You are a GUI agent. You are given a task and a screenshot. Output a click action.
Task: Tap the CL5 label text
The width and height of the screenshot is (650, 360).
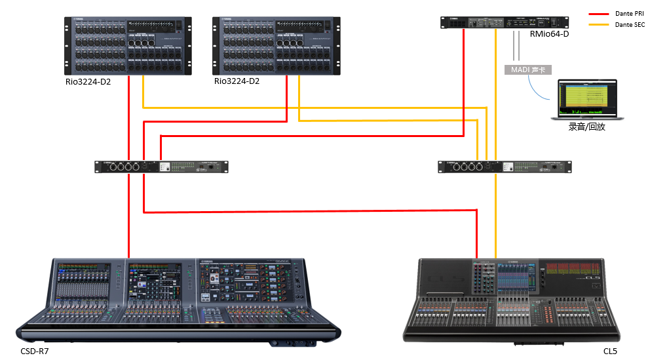(610, 352)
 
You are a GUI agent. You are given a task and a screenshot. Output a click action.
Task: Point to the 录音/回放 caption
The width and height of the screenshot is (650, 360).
(586, 127)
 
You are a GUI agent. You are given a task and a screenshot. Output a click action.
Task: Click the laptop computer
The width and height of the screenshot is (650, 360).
(586, 100)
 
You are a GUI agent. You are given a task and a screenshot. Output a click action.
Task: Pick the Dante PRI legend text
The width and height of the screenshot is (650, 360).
(630, 13)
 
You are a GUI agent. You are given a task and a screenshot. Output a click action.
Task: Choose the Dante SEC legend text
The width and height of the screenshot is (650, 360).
(630, 24)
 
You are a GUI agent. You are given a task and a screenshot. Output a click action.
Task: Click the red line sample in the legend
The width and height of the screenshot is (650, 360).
(600, 13)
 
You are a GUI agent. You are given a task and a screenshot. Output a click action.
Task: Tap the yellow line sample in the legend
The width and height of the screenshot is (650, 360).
(600, 24)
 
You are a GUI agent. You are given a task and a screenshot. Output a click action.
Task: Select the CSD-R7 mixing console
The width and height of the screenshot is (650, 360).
(179, 298)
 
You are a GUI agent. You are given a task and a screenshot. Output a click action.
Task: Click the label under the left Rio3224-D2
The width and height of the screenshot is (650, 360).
(88, 81)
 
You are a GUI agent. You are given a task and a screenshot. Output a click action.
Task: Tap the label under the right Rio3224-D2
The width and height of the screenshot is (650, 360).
(237, 81)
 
